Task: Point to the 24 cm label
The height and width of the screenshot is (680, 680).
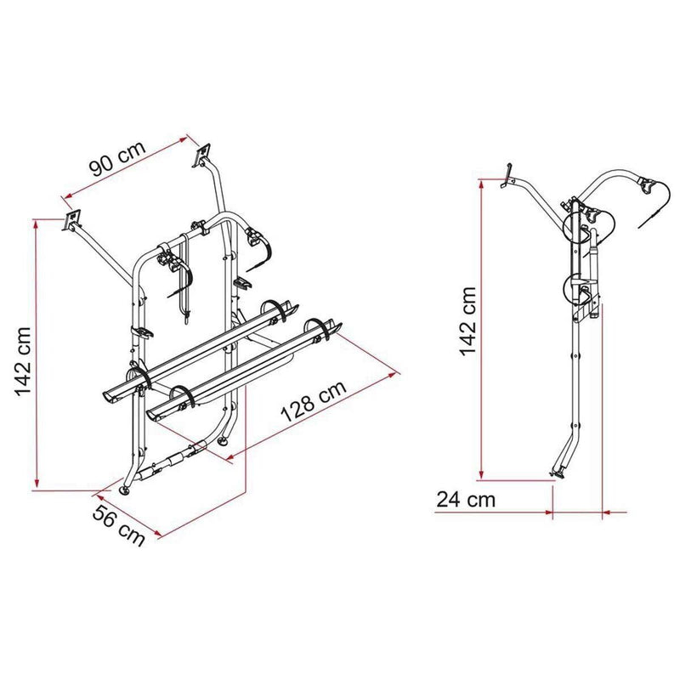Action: (466, 499)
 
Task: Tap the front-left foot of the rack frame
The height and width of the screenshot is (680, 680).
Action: (128, 491)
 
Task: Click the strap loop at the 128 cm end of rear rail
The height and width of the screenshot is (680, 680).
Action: (320, 327)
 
